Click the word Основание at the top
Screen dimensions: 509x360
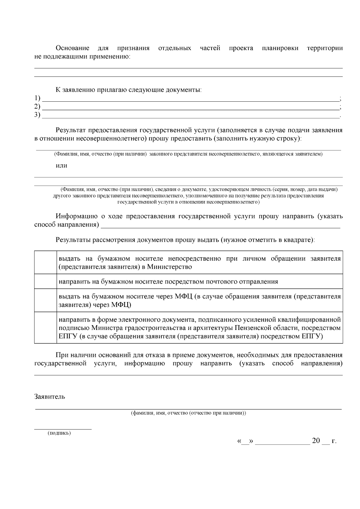click(x=72, y=48)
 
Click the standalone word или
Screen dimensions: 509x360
click(x=61, y=166)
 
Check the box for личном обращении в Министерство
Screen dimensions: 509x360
click(x=45, y=262)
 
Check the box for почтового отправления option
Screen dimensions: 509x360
click(x=45, y=281)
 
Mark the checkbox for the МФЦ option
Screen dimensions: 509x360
click(x=45, y=301)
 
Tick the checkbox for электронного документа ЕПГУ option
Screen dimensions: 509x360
click(x=45, y=328)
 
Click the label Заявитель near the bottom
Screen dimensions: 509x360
click(x=50, y=397)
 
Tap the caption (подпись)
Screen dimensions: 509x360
click(x=59, y=433)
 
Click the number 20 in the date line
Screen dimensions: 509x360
click(x=316, y=441)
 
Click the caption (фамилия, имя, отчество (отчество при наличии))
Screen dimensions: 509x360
click(x=188, y=413)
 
